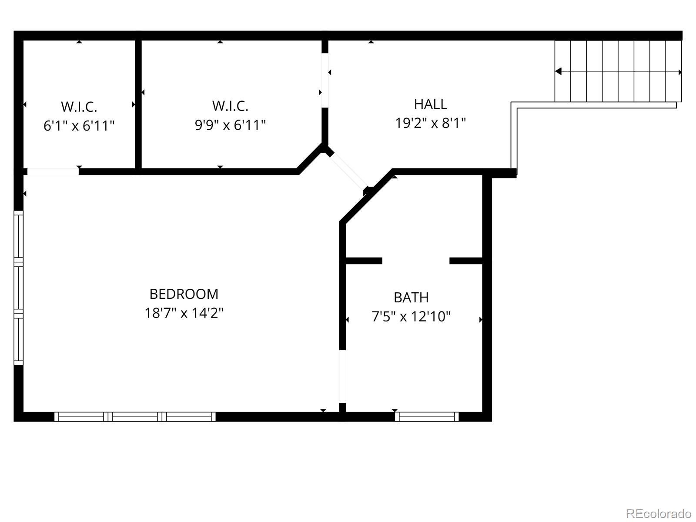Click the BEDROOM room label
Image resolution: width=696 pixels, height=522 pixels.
[184, 294]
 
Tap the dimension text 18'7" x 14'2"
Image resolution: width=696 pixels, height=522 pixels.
[184, 313]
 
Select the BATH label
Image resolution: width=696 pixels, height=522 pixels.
[411, 298]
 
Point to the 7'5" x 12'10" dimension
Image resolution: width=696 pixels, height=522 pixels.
[411, 317]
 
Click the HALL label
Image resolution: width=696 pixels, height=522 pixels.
[430, 104]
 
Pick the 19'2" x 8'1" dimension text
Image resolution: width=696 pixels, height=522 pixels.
[430, 124]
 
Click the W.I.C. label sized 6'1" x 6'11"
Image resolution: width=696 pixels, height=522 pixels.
[79, 107]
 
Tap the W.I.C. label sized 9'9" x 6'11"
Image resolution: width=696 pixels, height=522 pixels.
[230, 106]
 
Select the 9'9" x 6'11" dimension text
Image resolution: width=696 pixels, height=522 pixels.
[230, 125]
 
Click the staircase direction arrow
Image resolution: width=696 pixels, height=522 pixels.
[618, 72]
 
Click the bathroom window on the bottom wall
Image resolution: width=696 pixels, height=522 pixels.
[427, 417]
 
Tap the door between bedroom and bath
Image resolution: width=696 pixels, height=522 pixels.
[342, 376]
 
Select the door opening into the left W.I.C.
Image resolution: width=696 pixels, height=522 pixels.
[53, 171]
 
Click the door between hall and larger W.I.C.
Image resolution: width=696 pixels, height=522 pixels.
[325, 80]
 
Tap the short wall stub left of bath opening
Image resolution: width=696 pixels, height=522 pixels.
[363, 261]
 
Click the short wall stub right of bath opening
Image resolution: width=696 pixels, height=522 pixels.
[466, 261]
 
